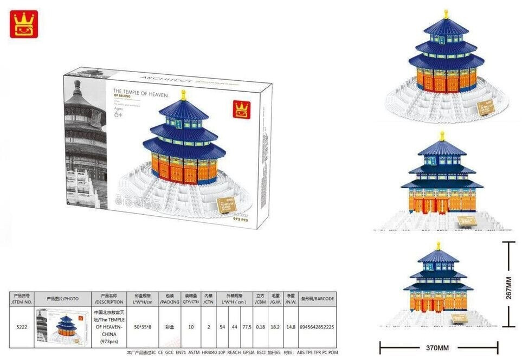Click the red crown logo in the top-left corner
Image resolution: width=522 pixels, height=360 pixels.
(24, 24)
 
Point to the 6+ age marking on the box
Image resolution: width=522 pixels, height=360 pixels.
(118, 115)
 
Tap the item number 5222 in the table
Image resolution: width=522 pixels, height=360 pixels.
(22, 327)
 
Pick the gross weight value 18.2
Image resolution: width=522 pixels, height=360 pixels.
(275, 327)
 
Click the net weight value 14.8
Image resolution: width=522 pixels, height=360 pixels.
(291, 327)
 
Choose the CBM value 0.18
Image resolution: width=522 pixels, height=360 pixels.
(260, 327)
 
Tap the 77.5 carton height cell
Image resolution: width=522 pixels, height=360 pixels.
(247, 327)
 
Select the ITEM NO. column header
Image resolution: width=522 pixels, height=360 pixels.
(22, 298)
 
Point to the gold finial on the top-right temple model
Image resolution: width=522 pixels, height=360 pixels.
(446, 13)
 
